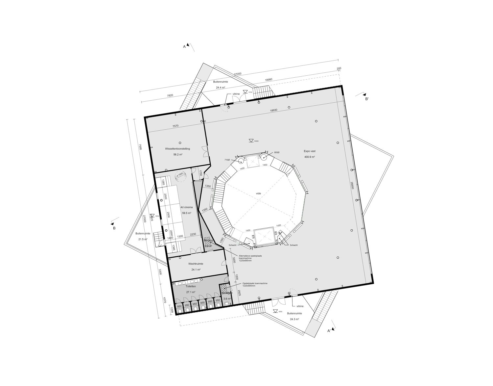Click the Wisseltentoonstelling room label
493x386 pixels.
pyautogui.click(x=177, y=149)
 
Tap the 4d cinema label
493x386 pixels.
pyautogui.click(x=186, y=207)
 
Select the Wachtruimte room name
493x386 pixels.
pyautogui.click(x=196, y=264)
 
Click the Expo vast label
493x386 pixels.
pyautogui.click(x=309, y=151)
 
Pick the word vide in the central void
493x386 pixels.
pyautogui.click(x=259, y=193)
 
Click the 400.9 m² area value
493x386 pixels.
pyautogui.click(x=309, y=157)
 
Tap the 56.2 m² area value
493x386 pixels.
pyautogui.click(x=177, y=154)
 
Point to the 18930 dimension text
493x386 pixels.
pyautogui.click(x=274, y=111)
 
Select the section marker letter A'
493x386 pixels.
pyautogui.click(x=329, y=331)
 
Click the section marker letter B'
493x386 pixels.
pyautogui.click(x=367, y=98)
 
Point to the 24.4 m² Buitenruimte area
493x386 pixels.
pyautogui.click(x=220, y=88)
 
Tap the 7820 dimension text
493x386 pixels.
pyautogui.click(x=170, y=95)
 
